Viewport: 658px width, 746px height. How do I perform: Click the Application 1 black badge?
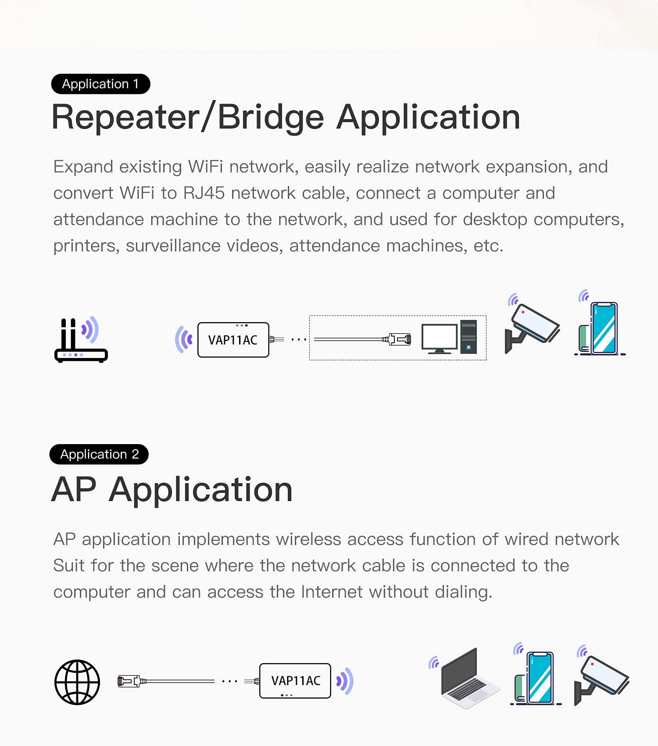(x=100, y=84)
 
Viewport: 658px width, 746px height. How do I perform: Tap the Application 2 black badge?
(x=99, y=454)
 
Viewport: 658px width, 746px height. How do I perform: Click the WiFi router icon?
(x=80, y=340)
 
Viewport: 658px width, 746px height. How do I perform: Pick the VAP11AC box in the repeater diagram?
(x=233, y=340)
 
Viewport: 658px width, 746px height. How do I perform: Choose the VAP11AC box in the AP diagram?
(x=295, y=681)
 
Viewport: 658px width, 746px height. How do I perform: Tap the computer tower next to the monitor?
(x=468, y=337)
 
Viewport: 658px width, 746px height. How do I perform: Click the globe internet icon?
(x=77, y=682)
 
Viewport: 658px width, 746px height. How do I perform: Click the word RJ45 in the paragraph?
(x=204, y=193)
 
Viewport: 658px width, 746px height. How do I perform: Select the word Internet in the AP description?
(x=332, y=592)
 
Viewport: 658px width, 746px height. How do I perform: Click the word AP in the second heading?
(x=74, y=490)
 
